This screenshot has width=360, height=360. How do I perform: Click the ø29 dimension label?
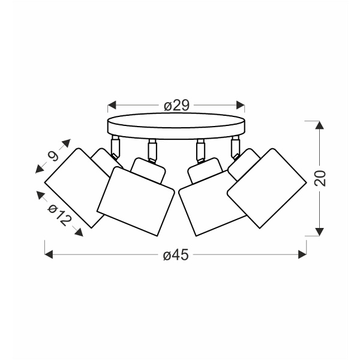pyautogui.click(x=176, y=106)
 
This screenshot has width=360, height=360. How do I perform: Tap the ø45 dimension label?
pyautogui.click(x=176, y=254)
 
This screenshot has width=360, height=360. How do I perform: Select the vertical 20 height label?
pyautogui.click(x=320, y=178)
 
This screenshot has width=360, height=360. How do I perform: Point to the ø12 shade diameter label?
pyautogui.click(x=59, y=215)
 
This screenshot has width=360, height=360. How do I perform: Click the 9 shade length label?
pyautogui.click(x=53, y=157)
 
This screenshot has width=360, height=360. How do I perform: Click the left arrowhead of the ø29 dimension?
pyautogui.click(x=112, y=105)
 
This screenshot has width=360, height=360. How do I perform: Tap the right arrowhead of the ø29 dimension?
pyautogui.click(x=241, y=105)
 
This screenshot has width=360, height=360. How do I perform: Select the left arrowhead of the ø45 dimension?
pyautogui.click(x=49, y=254)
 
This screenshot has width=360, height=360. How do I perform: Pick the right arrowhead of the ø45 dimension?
pyautogui.click(x=302, y=254)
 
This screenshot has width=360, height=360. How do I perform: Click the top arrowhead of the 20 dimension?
pyautogui.click(x=320, y=125)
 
